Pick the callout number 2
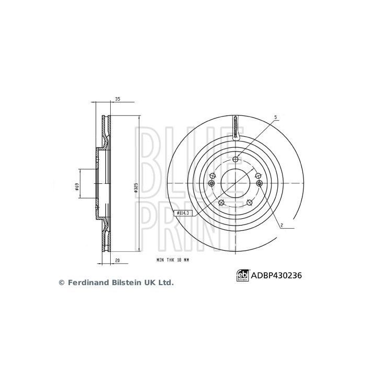click(281, 226)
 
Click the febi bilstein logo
click(242, 275)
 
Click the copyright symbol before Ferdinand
click(61, 283)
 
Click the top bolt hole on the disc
click(236, 159)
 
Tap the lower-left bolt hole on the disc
click(221, 203)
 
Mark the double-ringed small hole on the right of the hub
click(260, 183)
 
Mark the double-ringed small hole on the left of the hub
click(211, 183)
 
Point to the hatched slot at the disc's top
click(236, 127)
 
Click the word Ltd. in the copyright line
click(164, 283)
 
